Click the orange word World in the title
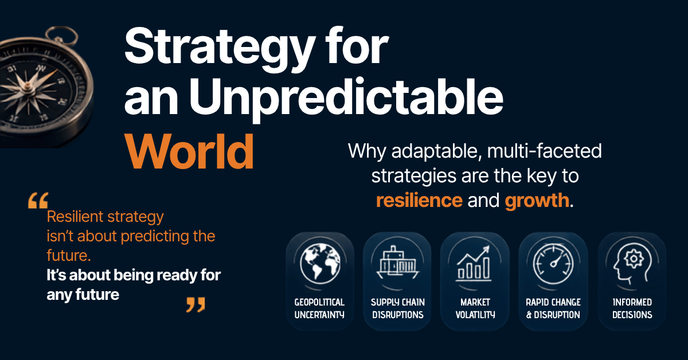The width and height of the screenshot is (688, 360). (x=189, y=152)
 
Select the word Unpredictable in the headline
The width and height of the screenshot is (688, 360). (x=346, y=98)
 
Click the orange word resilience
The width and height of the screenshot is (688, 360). (x=419, y=200)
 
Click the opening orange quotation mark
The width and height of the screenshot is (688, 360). (x=38, y=201)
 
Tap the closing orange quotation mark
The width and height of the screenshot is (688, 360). (x=196, y=304)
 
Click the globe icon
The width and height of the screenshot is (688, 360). (x=320, y=264)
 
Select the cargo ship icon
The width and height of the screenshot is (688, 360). (x=398, y=262)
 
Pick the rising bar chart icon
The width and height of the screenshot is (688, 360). (x=474, y=263)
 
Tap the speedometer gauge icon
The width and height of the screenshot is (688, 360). (x=553, y=264)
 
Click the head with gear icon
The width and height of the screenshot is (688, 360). (x=632, y=263)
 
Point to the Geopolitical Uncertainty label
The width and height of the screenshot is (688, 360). (x=319, y=308)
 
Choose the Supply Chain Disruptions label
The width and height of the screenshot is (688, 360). (x=398, y=308)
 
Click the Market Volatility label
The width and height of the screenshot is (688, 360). (x=475, y=308)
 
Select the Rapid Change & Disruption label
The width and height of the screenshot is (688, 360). (x=553, y=308)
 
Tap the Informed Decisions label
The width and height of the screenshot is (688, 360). (x=632, y=308)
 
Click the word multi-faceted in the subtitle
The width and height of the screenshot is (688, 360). (x=545, y=151)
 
